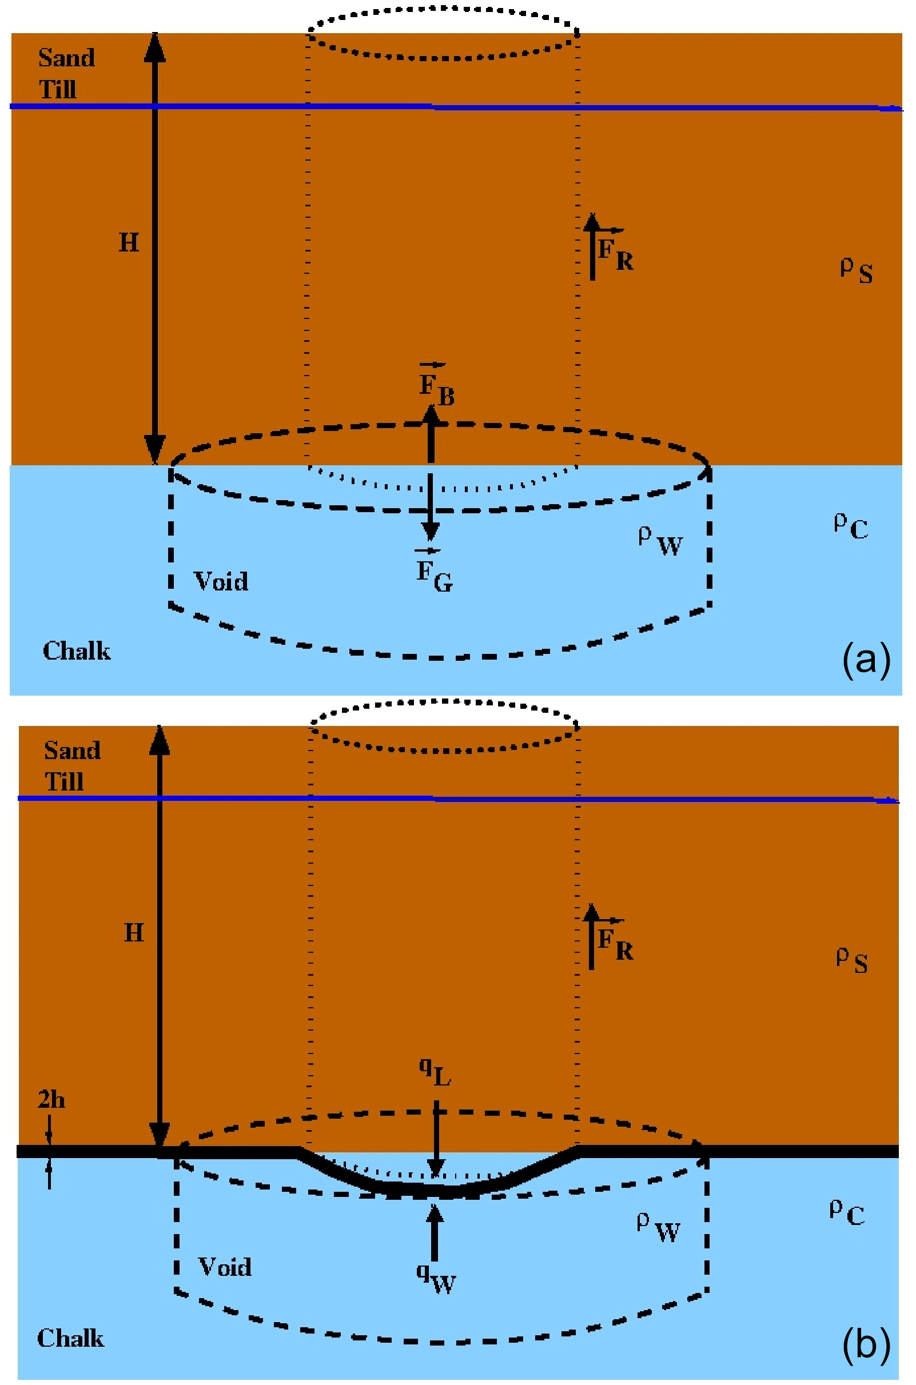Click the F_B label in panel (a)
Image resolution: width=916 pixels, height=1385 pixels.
(436, 386)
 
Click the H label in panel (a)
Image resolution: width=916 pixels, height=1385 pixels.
(129, 242)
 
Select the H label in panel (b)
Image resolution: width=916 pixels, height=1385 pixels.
(134, 932)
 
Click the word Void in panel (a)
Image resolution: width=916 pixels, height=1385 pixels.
(221, 581)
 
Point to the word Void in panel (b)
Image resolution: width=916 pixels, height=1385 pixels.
(225, 1267)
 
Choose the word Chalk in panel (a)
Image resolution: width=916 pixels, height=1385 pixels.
(77, 650)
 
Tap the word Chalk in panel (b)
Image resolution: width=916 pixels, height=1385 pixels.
(71, 1338)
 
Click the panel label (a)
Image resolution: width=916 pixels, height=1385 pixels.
(866, 659)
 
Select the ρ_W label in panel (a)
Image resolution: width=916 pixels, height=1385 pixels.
(660, 541)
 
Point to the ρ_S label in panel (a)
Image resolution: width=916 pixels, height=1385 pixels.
(857, 270)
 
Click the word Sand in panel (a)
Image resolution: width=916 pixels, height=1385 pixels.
(66, 58)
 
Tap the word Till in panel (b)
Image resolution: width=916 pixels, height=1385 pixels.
(64, 781)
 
